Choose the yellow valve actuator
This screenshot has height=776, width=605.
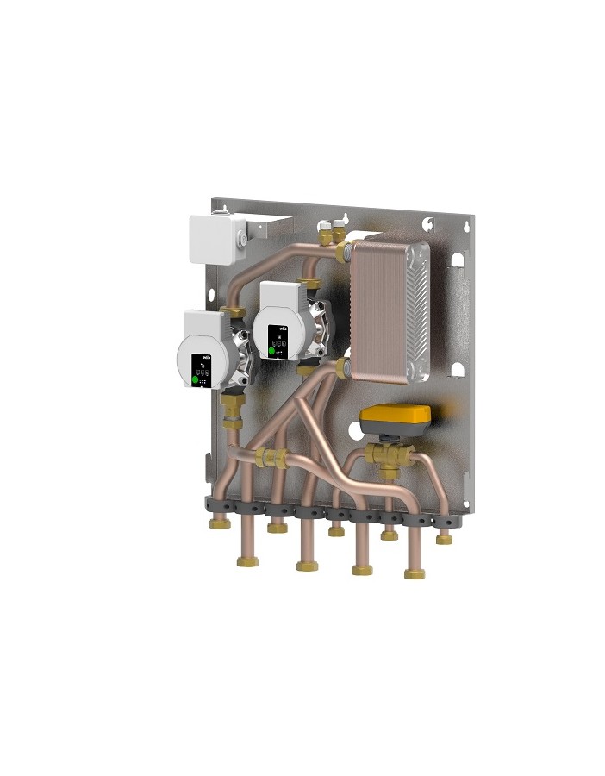click(x=395, y=418)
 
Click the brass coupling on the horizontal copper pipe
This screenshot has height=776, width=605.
click(x=274, y=458)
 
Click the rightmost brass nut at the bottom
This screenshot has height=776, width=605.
click(x=444, y=539)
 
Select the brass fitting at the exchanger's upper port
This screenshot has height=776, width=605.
click(x=342, y=253)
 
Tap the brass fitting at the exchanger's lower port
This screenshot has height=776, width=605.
click(x=342, y=368)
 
